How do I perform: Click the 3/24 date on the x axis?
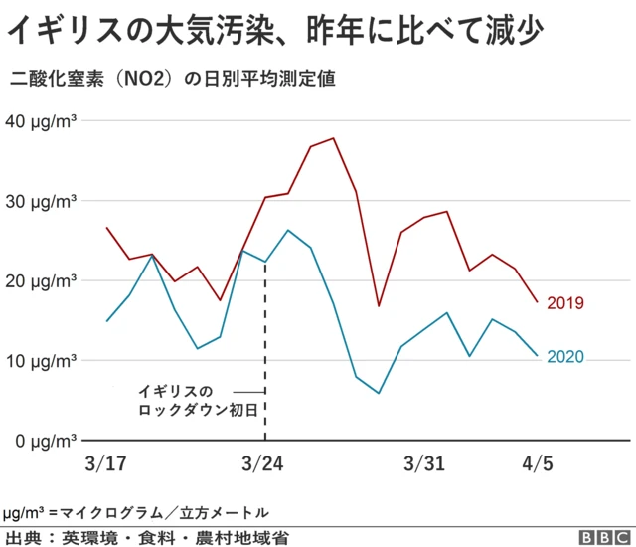coord(264,464)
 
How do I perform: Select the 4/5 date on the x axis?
coord(537,464)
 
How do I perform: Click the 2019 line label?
coord(564,302)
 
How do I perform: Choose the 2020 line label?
coord(564,356)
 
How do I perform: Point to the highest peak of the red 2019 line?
coord(333,138)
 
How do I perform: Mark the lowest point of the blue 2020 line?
coord(379,393)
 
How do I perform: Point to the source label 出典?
coord(25,537)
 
